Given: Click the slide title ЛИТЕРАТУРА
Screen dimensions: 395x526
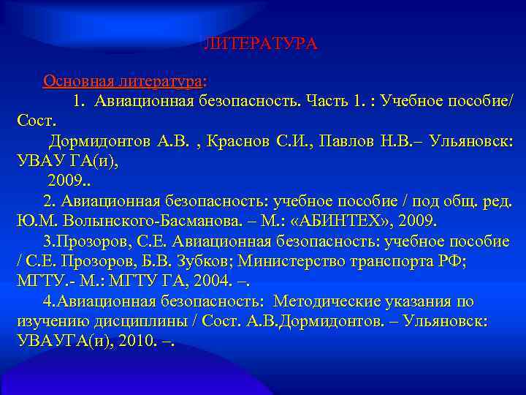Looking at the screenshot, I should click(x=260, y=44).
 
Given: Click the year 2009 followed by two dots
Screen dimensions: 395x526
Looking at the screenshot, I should click(x=67, y=180).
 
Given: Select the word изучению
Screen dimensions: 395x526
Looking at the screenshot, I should click(x=47, y=322).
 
